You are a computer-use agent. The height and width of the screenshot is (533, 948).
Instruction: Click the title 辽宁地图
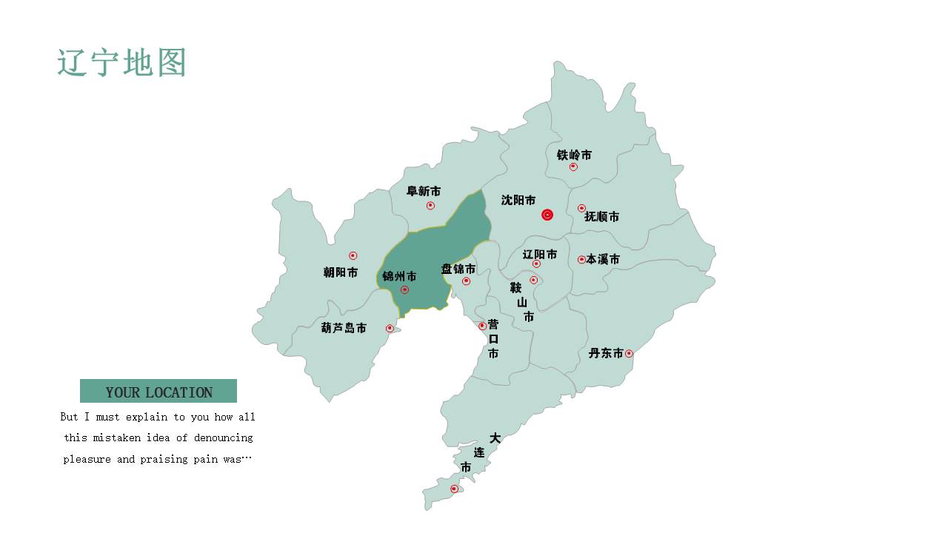(121, 63)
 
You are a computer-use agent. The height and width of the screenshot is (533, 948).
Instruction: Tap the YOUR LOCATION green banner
(158, 392)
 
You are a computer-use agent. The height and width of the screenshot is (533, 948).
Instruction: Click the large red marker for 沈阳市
(547, 215)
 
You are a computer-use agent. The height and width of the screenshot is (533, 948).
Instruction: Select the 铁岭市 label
(574, 155)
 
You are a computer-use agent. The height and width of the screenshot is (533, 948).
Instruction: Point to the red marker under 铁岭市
(573, 167)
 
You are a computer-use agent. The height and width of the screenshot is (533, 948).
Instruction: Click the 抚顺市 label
(601, 217)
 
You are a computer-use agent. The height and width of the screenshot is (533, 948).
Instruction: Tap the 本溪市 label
(603, 259)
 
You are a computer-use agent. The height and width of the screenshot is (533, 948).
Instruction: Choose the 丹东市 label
(606, 353)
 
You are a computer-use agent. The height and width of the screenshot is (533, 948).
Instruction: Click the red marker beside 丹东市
(629, 353)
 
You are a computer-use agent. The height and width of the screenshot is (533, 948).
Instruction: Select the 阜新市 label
(424, 191)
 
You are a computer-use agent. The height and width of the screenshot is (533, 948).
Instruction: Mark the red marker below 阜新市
(430, 205)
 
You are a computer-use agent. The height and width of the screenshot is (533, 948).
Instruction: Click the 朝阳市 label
(341, 272)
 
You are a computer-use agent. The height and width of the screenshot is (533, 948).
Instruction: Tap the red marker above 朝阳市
(353, 255)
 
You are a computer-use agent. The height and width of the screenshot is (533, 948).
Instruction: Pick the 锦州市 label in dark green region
(399, 276)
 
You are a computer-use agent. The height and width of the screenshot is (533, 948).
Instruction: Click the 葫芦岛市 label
(344, 328)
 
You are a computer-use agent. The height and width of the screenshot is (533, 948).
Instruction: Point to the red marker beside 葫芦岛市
(390, 328)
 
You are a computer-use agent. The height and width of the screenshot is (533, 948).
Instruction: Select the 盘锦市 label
(458, 269)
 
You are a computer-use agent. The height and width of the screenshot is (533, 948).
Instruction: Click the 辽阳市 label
(539, 254)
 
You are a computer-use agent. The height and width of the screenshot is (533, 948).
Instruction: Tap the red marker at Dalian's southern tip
(454, 489)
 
